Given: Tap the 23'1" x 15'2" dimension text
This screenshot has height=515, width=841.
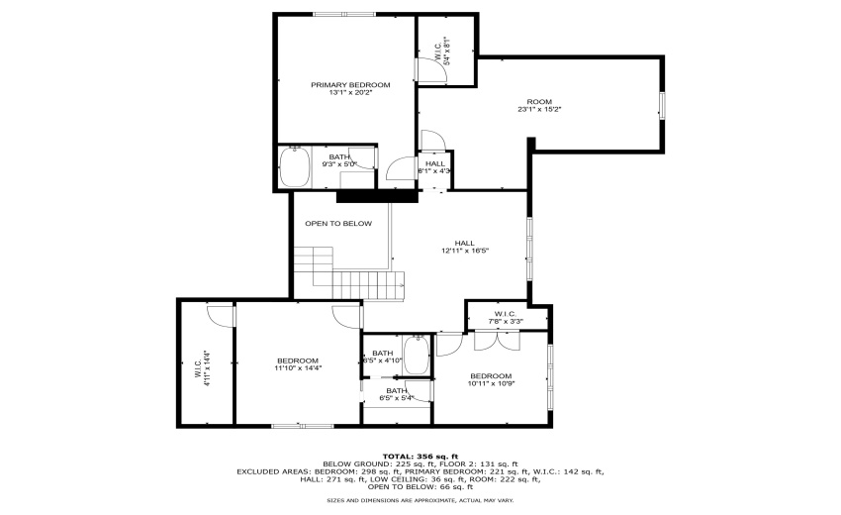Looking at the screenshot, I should pos(539,109).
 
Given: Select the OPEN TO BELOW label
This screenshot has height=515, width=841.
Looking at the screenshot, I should pos(338,224).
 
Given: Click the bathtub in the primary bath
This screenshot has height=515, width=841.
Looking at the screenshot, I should pos(294,166).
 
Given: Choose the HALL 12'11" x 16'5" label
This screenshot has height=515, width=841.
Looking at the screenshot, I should pos(464,247).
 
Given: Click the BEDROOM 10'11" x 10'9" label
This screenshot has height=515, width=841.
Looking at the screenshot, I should pos(491,380).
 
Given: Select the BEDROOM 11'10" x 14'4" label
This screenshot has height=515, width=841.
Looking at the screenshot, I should pos(298,364).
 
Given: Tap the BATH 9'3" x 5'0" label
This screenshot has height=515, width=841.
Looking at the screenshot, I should pos(339,160).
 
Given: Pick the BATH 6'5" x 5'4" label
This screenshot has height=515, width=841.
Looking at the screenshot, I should pos(397,394).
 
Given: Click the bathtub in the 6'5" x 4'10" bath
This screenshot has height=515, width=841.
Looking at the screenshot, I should pos(417,358).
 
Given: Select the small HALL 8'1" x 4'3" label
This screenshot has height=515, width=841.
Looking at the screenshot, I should pos(434,167).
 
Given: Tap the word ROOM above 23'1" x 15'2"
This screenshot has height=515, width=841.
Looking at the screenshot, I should pos(539,102).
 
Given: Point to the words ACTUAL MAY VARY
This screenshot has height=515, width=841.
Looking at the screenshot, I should pos(485,500).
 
